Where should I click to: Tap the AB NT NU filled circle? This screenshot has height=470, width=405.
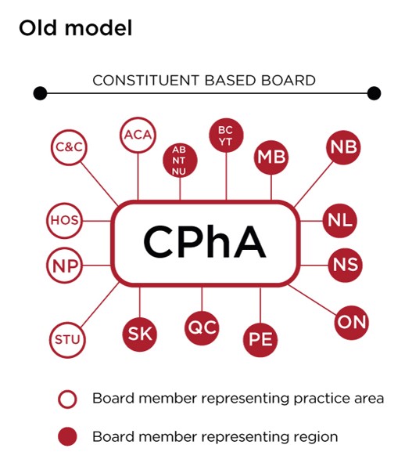click(180, 161)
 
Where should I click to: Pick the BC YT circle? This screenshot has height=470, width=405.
click(226, 136)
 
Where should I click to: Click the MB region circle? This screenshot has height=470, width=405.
click(271, 157)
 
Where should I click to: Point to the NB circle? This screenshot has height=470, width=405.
click(343, 147)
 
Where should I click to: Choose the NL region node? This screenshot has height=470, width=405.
click(340, 221)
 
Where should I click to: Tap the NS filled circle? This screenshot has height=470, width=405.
click(345, 265)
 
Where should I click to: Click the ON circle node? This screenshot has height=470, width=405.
click(352, 323)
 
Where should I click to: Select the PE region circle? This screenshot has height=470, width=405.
click(260, 340)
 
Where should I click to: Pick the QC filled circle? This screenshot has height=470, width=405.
click(202, 328)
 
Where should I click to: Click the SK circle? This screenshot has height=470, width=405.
click(140, 334)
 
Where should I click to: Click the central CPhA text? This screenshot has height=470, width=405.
click(205, 242)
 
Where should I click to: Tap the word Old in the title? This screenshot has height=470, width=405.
click(38, 28)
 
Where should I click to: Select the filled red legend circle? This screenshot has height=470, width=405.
click(67, 436)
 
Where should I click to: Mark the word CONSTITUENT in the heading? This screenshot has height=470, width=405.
click(145, 81)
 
